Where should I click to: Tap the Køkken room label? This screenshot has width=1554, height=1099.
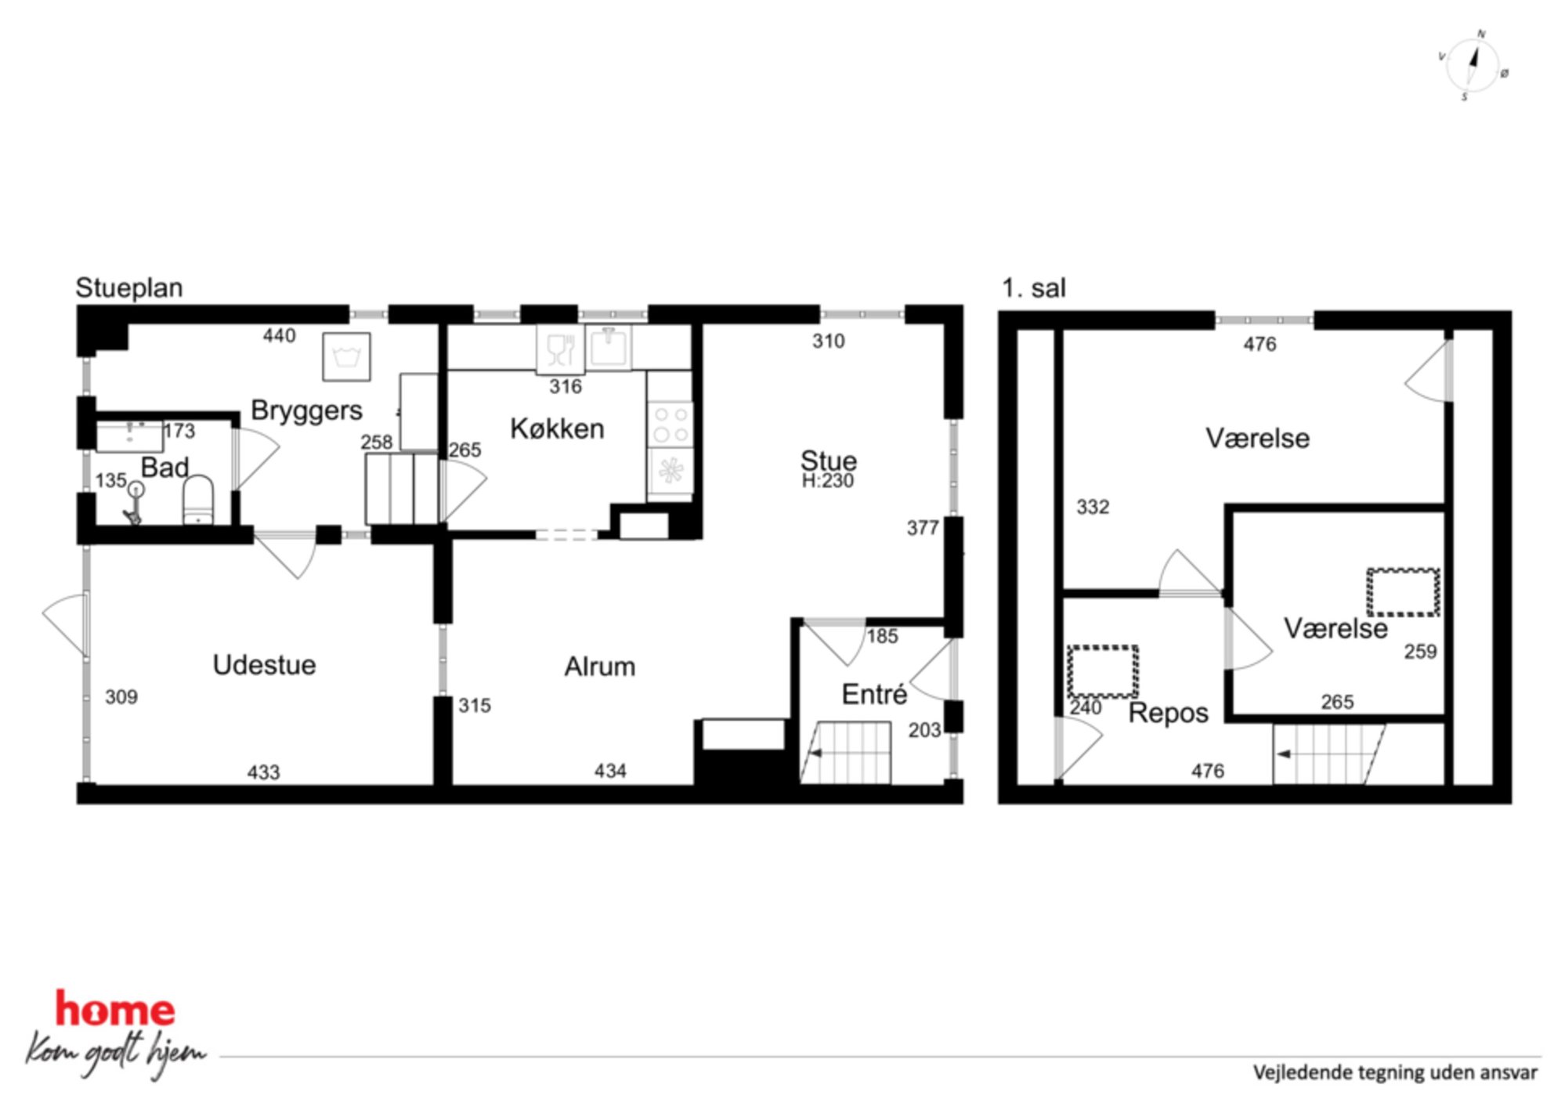click(x=557, y=428)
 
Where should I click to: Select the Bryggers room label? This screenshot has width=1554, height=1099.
click(x=306, y=411)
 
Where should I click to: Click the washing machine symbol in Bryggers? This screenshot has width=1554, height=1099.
click(x=346, y=357)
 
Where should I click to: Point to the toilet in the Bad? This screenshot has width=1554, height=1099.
click(x=198, y=501)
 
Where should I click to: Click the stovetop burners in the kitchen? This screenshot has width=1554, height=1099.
click(x=670, y=424)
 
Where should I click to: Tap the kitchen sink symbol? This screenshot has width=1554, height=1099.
click(x=609, y=347)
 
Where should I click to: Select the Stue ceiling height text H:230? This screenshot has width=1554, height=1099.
click(x=827, y=481)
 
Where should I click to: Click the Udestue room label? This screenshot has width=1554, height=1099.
click(x=264, y=665)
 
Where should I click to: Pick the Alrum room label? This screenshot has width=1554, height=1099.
click(x=599, y=667)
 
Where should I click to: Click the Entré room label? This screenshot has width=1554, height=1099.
click(x=874, y=694)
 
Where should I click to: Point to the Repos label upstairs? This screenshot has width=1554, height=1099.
click(x=1168, y=714)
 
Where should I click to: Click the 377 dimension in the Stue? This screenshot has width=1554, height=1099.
click(x=923, y=528)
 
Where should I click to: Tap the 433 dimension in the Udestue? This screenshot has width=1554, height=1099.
click(x=263, y=772)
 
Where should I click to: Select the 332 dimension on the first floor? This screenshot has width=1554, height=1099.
click(x=1093, y=507)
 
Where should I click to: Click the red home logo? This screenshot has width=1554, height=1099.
click(x=114, y=1009)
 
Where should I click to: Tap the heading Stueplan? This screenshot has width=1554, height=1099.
click(x=129, y=288)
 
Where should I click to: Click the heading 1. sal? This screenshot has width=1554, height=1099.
click(x=1034, y=288)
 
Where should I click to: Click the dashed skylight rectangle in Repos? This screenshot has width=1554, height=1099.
click(x=1102, y=671)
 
